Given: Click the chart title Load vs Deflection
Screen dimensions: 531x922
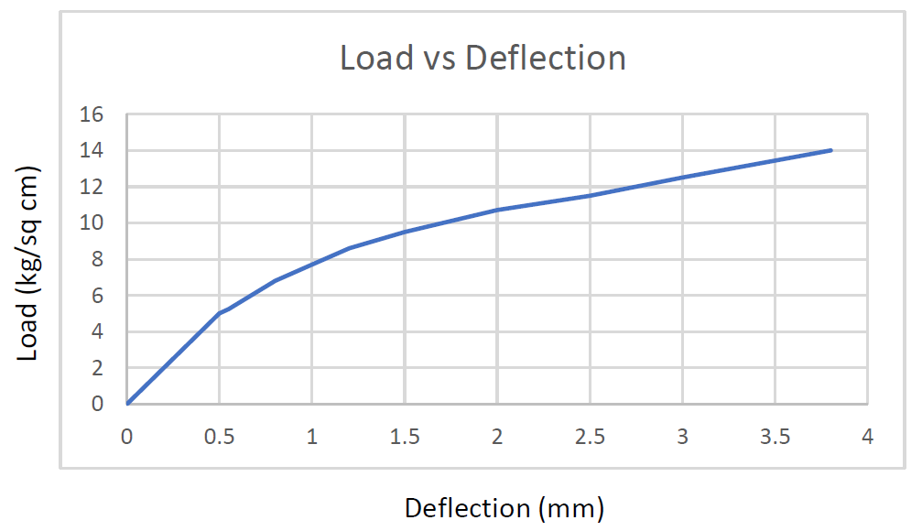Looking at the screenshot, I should tap(483, 58).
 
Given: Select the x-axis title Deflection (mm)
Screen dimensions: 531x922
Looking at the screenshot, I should tap(504, 507).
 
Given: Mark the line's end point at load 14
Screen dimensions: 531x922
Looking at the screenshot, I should tap(830, 150).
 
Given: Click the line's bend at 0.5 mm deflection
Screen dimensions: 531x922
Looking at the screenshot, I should tap(220, 313).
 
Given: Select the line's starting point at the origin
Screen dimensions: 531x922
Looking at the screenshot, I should tap(127, 403).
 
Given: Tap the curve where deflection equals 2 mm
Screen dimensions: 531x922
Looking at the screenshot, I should tap(497, 210).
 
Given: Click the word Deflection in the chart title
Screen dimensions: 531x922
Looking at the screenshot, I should tap(546, 58).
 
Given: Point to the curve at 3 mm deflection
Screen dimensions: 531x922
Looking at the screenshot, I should tap(682, 177).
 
